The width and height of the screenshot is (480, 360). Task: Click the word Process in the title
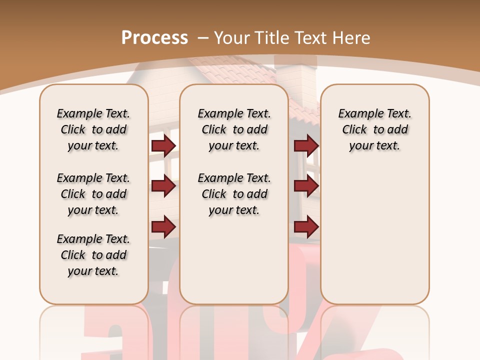(x=154, y=38)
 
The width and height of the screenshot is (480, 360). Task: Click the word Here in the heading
(x=351, y=38)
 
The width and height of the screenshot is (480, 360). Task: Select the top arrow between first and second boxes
(x=163, y=145)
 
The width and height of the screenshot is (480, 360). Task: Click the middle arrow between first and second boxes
(x=163, y=186)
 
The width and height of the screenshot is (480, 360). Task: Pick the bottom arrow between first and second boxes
(x=163, y=227)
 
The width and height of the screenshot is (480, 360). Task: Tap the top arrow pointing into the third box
(x=306, y=145)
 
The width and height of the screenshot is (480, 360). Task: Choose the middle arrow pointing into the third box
(x=306, y=186)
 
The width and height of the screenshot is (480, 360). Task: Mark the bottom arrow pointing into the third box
(x=306, y=227)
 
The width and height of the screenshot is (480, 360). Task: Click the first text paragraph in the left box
(x=93, y=129)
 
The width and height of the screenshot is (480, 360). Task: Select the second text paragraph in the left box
(x=93, y=194)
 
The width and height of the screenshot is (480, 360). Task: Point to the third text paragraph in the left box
(x=93, y=255)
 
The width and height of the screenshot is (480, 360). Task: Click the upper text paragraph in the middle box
(x=234, y=129)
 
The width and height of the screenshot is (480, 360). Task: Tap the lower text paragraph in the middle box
(x=234, y=194)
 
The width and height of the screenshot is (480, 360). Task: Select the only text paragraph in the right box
(x=374, y=129)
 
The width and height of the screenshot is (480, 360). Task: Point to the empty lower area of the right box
(x=374, y=235)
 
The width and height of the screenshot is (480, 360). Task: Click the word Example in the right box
(x=356, y=114)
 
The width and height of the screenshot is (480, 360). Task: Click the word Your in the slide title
(x=231, y=38)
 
